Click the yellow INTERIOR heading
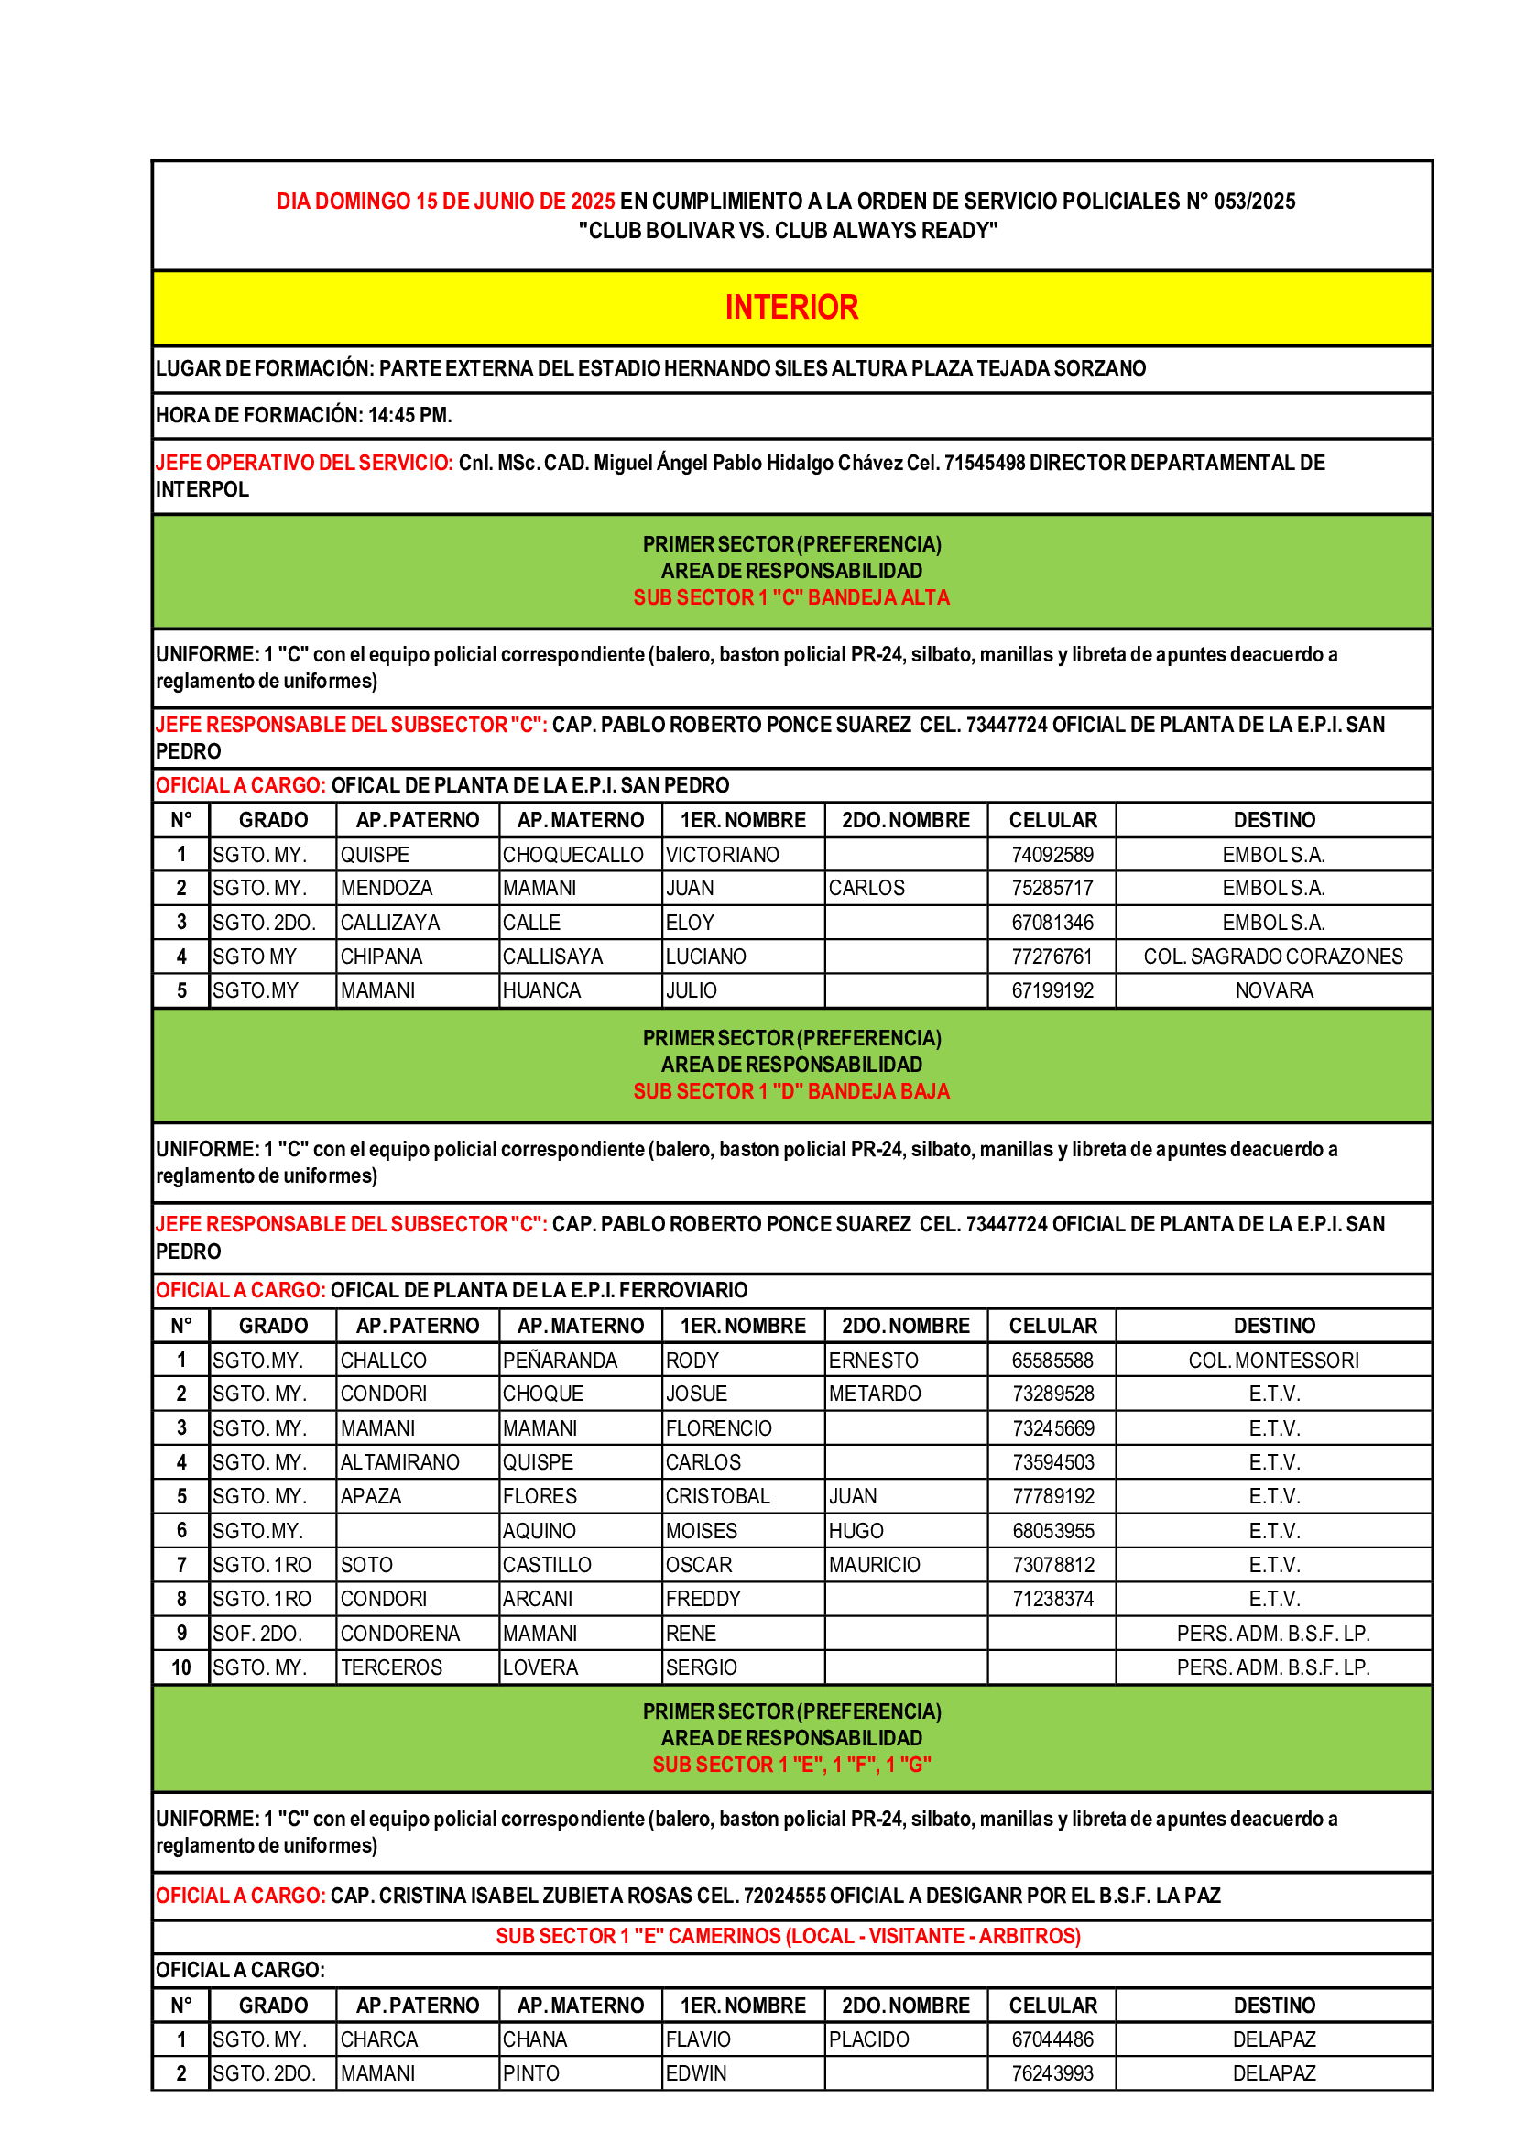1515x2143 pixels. point(791,308)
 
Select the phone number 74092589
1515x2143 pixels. point(1052,855)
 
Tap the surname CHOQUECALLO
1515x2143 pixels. point(572,855)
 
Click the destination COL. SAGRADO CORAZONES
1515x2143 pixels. point(1273,957)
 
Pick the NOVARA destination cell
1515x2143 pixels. point(1273,990)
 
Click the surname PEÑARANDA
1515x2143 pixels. point(560,1361)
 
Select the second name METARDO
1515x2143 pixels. point(874,1394)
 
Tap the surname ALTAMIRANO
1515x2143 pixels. point(399,1461)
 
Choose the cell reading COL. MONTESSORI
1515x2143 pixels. point(1273,1361)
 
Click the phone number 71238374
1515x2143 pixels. point(1052,1599)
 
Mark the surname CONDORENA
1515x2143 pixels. point(399,1634)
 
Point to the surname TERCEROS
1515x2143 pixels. point(391,1667)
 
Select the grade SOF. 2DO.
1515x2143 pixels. point(257,1634)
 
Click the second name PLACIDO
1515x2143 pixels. point(868,2039)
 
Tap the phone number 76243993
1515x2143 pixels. point(1052,2073)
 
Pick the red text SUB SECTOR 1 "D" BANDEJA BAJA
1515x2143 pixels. point(791,1091)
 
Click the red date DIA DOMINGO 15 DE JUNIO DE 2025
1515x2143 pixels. point(446,202)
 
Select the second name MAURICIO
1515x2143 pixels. point(874,1564)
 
